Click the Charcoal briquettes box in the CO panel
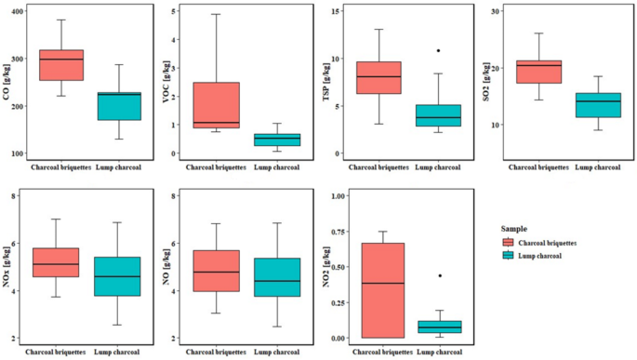[60, 65]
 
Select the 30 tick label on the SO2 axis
[498, 11]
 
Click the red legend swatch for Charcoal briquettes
[509, 242]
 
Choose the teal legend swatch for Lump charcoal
[509, 255]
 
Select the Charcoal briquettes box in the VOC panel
[217, 104]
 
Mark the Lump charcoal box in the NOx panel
[119, 276]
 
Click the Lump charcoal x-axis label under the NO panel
[279, 352]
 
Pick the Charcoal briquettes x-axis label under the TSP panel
[379, 167]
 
